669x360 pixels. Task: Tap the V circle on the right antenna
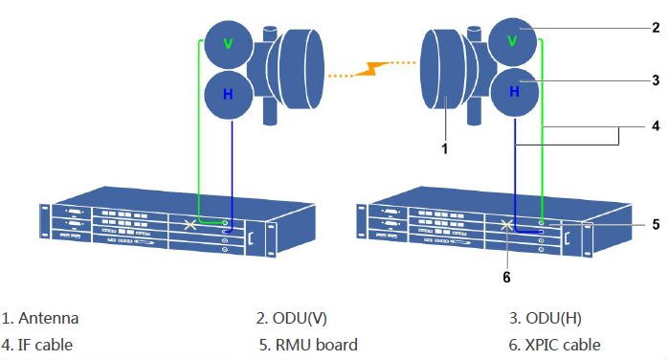point(513,41)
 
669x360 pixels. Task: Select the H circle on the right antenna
point(513,91)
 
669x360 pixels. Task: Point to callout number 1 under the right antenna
point(443,149)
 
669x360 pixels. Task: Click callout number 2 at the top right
point(655,28)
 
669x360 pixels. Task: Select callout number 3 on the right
point(655,80)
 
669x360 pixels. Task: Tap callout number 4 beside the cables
point(655,125)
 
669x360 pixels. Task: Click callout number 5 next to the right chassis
point(655,224)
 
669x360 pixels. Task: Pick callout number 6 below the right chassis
point(507,277)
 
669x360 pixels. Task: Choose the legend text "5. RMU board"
point(307,345)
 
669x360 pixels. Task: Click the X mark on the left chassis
point(190,226)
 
